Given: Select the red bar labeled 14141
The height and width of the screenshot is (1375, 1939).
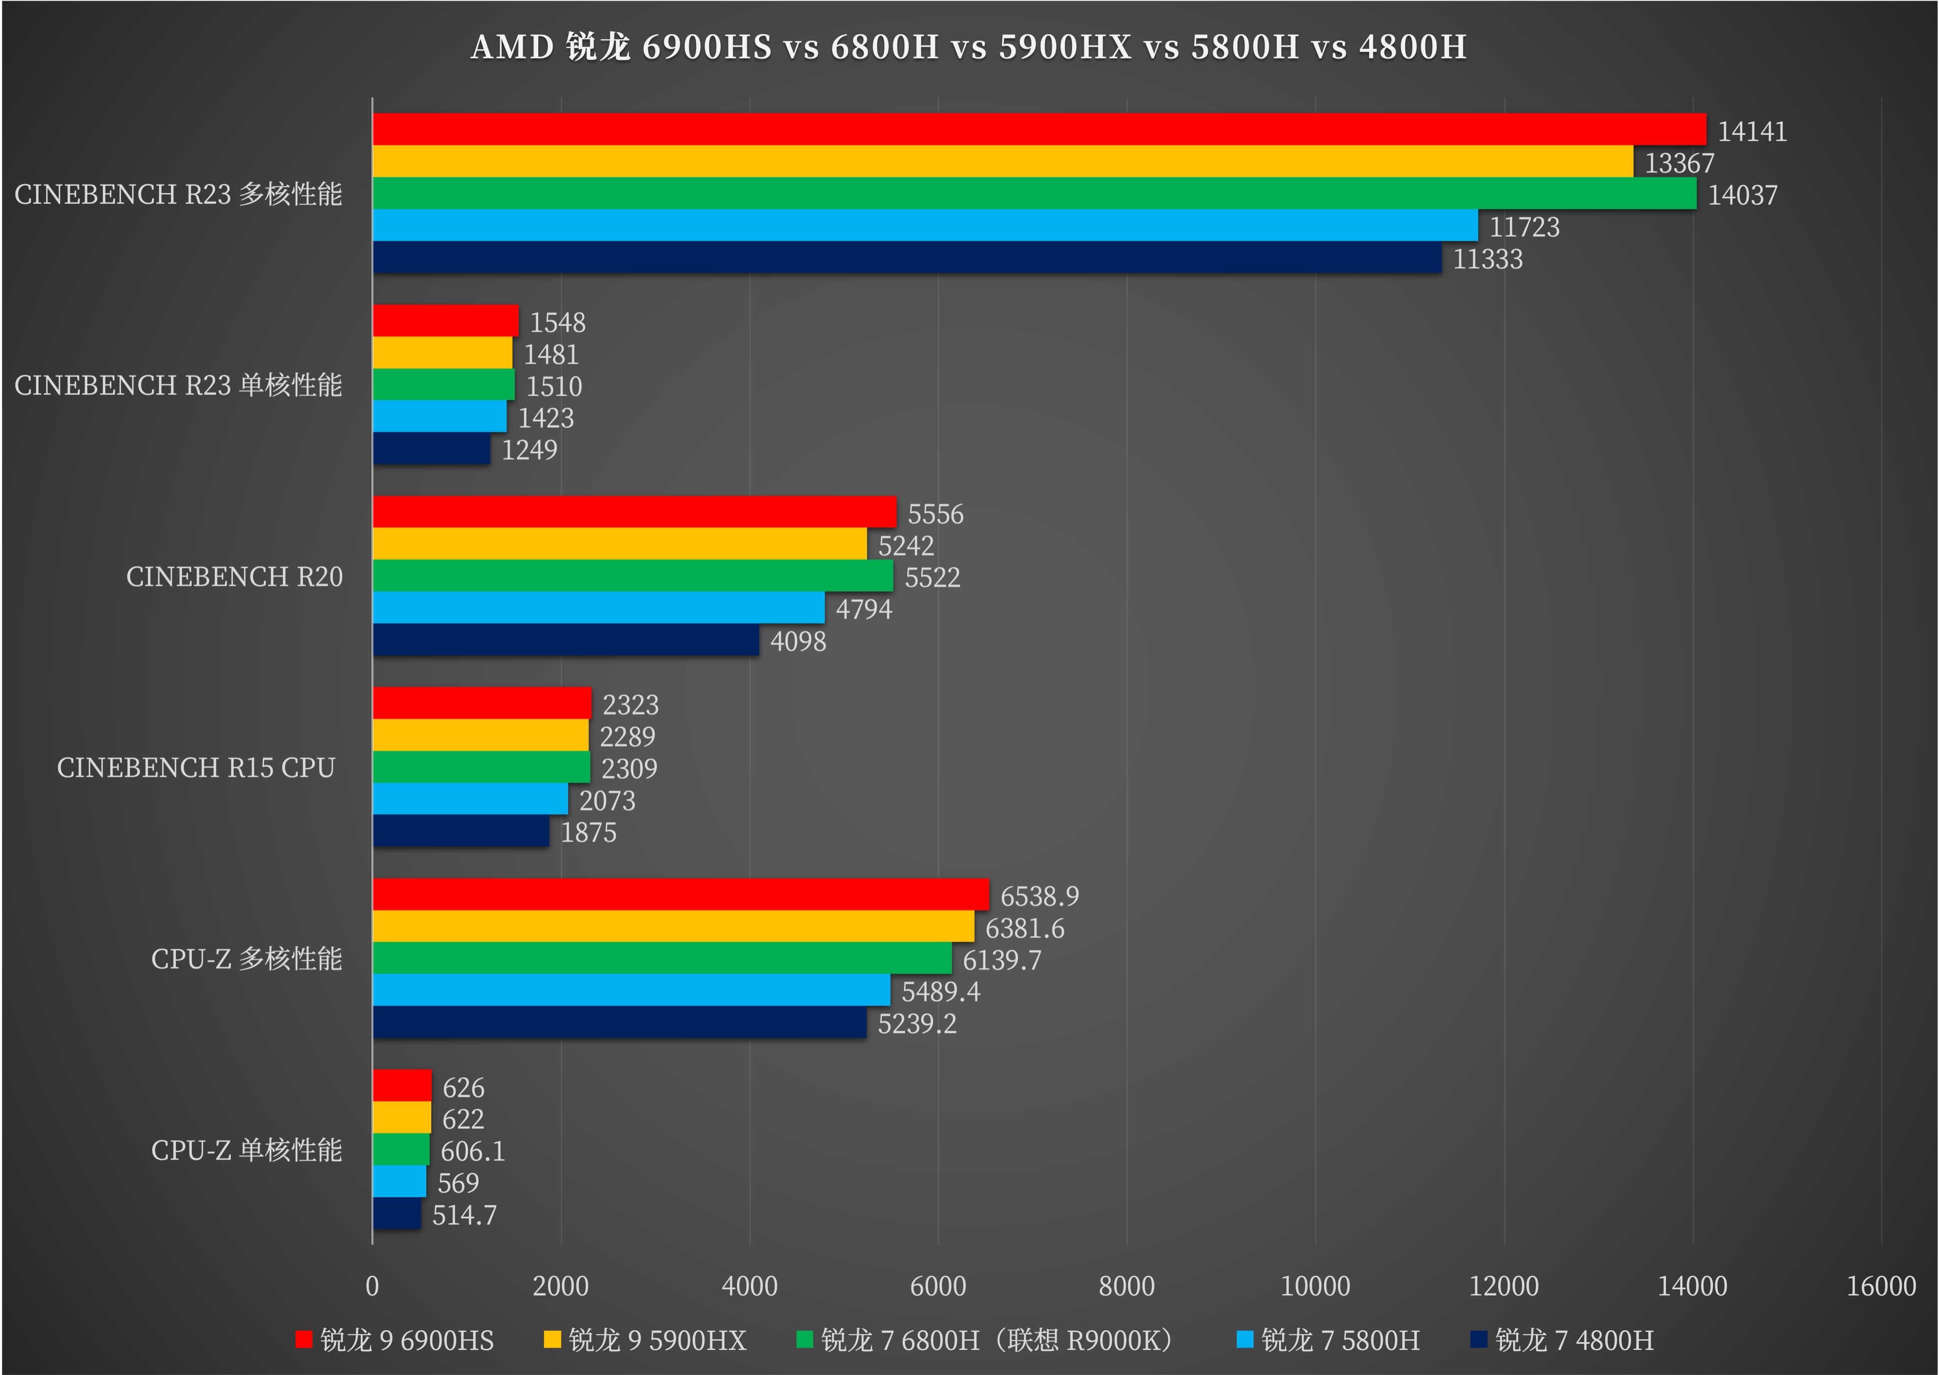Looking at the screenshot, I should (1039, 129).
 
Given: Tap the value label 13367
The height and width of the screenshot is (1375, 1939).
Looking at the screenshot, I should (1679, 162).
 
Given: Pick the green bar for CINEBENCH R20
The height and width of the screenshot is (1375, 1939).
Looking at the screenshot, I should (633, 576).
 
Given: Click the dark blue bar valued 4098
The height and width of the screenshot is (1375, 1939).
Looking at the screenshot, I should (565, 640).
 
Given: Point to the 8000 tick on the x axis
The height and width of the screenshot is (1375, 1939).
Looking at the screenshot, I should (1126, 1286).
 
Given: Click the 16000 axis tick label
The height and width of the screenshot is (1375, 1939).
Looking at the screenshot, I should (1879, 1286).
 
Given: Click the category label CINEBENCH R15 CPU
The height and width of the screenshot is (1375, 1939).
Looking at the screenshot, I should (196, 767).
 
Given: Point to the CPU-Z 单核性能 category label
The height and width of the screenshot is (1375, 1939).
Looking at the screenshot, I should (246, 1150).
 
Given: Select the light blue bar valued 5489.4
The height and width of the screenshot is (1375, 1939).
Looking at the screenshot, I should (631, 990).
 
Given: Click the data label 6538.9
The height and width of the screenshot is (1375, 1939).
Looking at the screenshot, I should (1039, 896).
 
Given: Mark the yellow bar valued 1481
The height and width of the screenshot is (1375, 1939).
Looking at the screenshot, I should (442, 352).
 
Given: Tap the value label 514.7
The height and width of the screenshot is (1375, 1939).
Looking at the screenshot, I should (464, 1215).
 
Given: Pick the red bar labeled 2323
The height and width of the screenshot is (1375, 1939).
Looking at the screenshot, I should (482, 703).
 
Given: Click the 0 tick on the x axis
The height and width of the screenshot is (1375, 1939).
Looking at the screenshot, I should (373, 1286).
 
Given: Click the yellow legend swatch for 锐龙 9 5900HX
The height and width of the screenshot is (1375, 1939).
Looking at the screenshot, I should (552, 1340).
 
